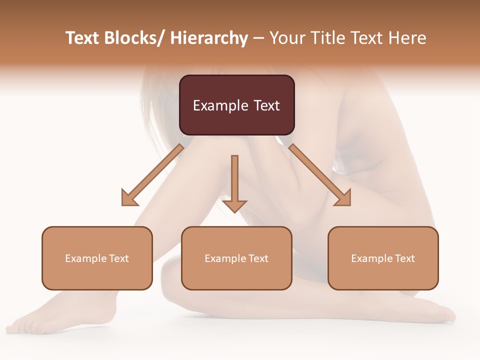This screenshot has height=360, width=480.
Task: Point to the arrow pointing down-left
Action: [152, 175]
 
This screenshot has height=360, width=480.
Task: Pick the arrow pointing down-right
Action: [320, 175]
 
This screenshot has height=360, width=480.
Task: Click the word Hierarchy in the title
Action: [209, 38]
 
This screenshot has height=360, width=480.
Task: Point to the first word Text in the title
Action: [83, 38]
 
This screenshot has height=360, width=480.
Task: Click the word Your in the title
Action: [286, 38]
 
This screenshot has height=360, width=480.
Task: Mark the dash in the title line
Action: [258, 38]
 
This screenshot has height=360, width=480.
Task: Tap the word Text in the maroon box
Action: [265, 105]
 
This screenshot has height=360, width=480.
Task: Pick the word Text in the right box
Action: [404, 258]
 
